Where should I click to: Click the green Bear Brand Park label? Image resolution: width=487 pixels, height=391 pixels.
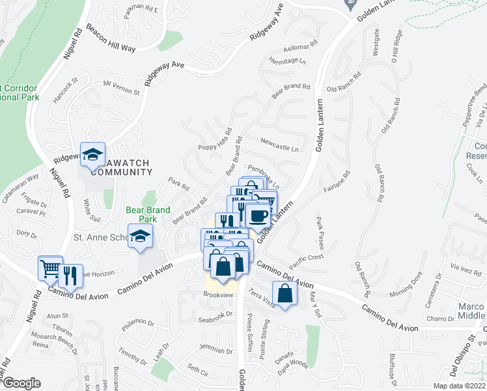[x=148, y=214]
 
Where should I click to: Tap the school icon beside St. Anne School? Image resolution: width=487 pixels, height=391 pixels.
[x=140, y=237]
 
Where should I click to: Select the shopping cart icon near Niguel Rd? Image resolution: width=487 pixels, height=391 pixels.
[x=50, y=268]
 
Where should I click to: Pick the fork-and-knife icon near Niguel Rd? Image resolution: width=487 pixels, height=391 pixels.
[x=70, y=276]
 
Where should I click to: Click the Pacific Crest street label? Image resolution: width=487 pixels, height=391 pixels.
[x=307, y=257]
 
